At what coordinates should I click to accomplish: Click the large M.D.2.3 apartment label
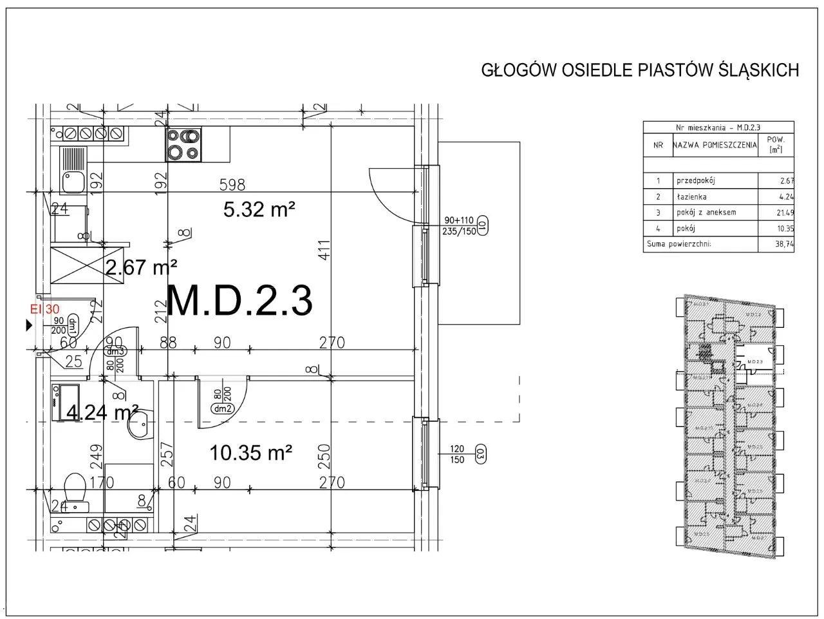pos(239,301)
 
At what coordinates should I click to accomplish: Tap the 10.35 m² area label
pos(252,453)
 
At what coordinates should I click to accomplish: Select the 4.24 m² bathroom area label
pos(103,412)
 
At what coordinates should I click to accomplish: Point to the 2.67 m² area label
pos(141,267)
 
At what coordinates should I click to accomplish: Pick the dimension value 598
pos(232,185)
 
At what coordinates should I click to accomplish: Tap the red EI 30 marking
pos(45,309)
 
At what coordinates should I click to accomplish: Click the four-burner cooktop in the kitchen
pos(184,145)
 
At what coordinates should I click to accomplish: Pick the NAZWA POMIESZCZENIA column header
pos(715,146)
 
